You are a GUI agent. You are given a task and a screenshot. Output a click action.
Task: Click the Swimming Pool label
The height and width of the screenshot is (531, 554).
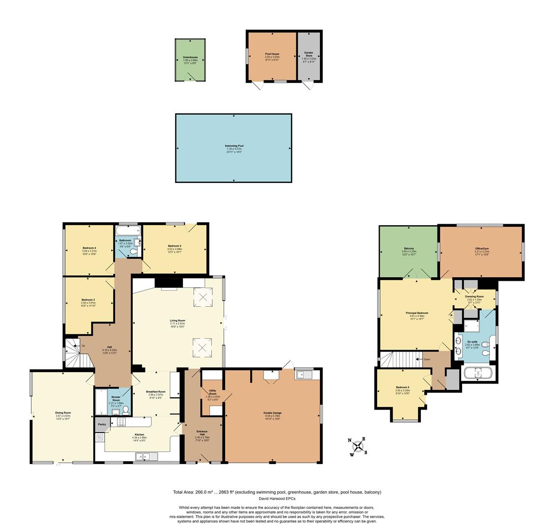[x=234, y=146]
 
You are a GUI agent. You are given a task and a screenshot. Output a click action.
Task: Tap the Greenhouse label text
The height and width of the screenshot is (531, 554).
[x=190, y=58]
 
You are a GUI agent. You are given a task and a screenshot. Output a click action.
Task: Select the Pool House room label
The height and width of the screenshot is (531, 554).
[x=272, y=54]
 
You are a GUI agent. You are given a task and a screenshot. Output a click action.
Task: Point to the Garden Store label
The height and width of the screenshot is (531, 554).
[x=309, y=54]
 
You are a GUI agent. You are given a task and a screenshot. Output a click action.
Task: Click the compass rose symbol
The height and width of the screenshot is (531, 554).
[x=359, y=446]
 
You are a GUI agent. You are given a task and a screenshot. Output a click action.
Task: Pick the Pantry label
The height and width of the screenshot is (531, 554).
[x=102, y=424]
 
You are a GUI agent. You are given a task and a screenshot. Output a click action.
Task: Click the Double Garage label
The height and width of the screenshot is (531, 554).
[x=272, y=413]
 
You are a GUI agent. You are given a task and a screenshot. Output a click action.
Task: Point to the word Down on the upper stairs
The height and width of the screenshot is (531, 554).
[x=426, y=359]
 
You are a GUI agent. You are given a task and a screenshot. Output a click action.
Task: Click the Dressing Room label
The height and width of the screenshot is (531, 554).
[x=474, y=296]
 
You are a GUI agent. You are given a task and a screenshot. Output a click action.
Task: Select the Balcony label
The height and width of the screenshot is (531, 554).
[x=408, y=248]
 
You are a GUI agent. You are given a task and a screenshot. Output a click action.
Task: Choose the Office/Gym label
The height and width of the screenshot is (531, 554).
[x=482, y=248]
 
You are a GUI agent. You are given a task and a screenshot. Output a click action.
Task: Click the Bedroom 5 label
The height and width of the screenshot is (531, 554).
[x=402, y=387]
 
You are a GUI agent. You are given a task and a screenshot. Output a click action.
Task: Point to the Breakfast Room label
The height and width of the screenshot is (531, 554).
[x=156, y=392]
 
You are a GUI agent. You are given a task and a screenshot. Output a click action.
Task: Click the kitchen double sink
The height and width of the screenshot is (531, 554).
[x=146, y=457]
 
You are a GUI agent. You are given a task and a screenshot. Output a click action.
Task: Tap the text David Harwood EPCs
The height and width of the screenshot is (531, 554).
[x=277, y=499]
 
